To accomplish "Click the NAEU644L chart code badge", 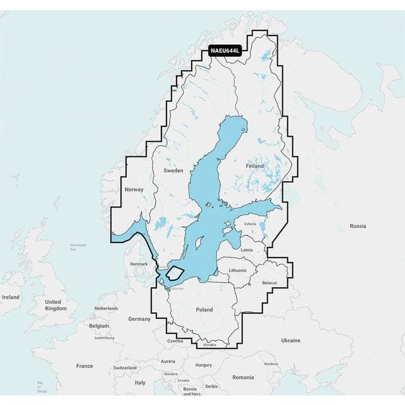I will (x=225, y=51).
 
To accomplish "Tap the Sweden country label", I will (x=173, y=170).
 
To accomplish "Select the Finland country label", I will (x=254, y=166).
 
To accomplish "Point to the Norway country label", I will (x=134, y=189).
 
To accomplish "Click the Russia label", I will (x=358, y=226).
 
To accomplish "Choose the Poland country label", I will (x=204, y=309).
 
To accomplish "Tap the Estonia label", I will (x=250, y=224).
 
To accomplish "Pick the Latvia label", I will (x=247, y=249).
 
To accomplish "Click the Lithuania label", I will (x=238, y=270).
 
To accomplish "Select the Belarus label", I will (x=270, y=283).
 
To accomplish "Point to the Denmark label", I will (x=139, y=264).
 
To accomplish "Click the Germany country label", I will (x=139, y=319).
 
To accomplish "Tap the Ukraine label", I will (x=290, y=340).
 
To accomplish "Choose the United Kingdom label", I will (x=53, y=305).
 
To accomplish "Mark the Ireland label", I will (x=11, y=297).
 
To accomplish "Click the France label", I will (x=84, y=366).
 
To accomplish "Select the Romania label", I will (x=242, y=377).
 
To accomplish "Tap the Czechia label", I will (x=175, y=341).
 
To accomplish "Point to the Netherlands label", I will (x=106, y=308).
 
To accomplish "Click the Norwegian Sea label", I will (x=78, y=246).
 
